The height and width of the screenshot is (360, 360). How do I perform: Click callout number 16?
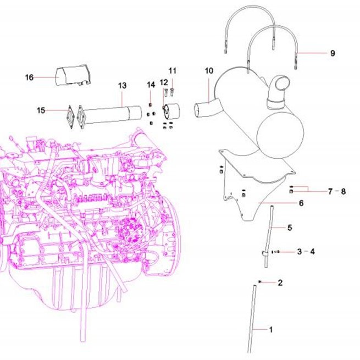29,77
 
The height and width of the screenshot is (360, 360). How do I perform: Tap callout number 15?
41,110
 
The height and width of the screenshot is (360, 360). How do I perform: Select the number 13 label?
123,86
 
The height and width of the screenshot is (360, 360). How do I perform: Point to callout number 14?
151,85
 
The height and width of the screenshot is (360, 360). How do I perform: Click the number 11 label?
173,71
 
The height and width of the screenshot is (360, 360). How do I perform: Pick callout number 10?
209,71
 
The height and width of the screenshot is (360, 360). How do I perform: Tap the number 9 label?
333,53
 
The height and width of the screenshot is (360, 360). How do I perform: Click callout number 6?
301,203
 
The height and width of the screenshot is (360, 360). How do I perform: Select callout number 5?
290,228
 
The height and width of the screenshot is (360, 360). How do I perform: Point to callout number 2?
280,283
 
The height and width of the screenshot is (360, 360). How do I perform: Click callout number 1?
271,330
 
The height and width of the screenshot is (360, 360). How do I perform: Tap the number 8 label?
344,191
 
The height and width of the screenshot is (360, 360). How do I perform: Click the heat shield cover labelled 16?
73,75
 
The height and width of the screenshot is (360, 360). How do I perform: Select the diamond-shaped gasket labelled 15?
71,117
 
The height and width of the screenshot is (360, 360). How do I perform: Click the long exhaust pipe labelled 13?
110,115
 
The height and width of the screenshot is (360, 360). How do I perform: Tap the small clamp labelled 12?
171,112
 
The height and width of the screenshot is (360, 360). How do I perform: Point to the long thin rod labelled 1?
252,319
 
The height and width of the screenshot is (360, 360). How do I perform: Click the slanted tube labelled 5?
269,236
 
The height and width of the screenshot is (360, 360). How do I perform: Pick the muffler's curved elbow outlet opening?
283,84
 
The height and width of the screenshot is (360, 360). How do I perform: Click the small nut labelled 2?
260,282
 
